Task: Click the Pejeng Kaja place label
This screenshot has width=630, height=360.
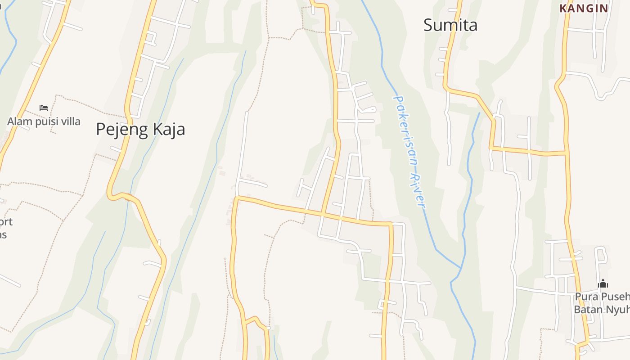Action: [140, 130]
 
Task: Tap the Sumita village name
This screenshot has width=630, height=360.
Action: [450, 25]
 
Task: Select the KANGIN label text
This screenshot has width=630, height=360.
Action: [584, 8]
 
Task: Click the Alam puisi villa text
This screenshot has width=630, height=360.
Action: [44, 121]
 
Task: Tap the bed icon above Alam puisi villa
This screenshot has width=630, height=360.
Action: [44, 108]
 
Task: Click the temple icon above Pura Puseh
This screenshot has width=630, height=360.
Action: [603, 284]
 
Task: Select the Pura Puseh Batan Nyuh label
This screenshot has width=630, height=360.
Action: [602, 303]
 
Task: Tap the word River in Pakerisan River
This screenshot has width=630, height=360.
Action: [419, 191]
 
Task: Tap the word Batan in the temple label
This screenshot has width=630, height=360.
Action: [587, 310]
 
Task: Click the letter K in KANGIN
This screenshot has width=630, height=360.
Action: [563, 8]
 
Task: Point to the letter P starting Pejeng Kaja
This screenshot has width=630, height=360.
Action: [101, 130]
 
